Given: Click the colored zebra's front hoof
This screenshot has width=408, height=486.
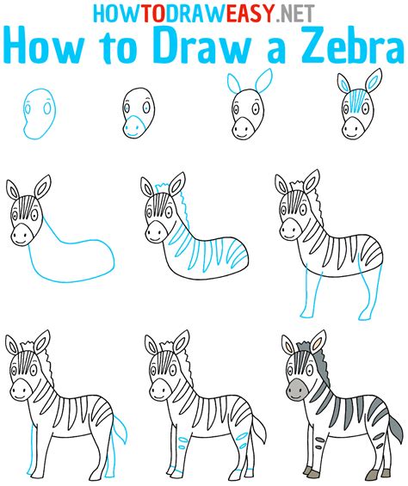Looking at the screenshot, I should pos(308,471).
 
